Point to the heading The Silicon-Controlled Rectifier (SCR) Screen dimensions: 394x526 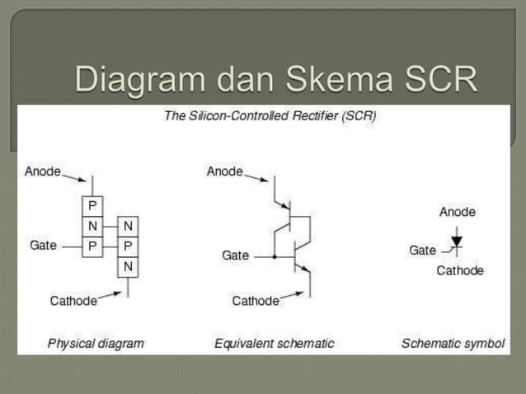coord(270,116)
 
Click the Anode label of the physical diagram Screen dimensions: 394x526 coord(43,171)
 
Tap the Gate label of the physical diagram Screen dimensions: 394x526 coord(43,245)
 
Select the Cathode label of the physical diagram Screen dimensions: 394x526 coord(73,301)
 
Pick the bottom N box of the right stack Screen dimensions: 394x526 coord(128,266)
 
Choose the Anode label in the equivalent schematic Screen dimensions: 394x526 coord(224,171)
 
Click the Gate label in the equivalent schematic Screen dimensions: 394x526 coord(235,256)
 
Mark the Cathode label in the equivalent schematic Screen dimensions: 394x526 coord(256,301)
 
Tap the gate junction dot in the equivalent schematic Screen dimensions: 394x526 coord(275,256)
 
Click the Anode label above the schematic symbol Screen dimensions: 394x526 coord(457,212)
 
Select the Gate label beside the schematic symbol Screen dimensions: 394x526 coord(422,251)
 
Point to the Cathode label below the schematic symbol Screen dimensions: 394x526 coord(460,270)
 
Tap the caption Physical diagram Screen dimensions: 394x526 coord(96,343)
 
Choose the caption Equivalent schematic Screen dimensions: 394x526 coord(274,343)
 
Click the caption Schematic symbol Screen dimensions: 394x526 coord(453,343)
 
